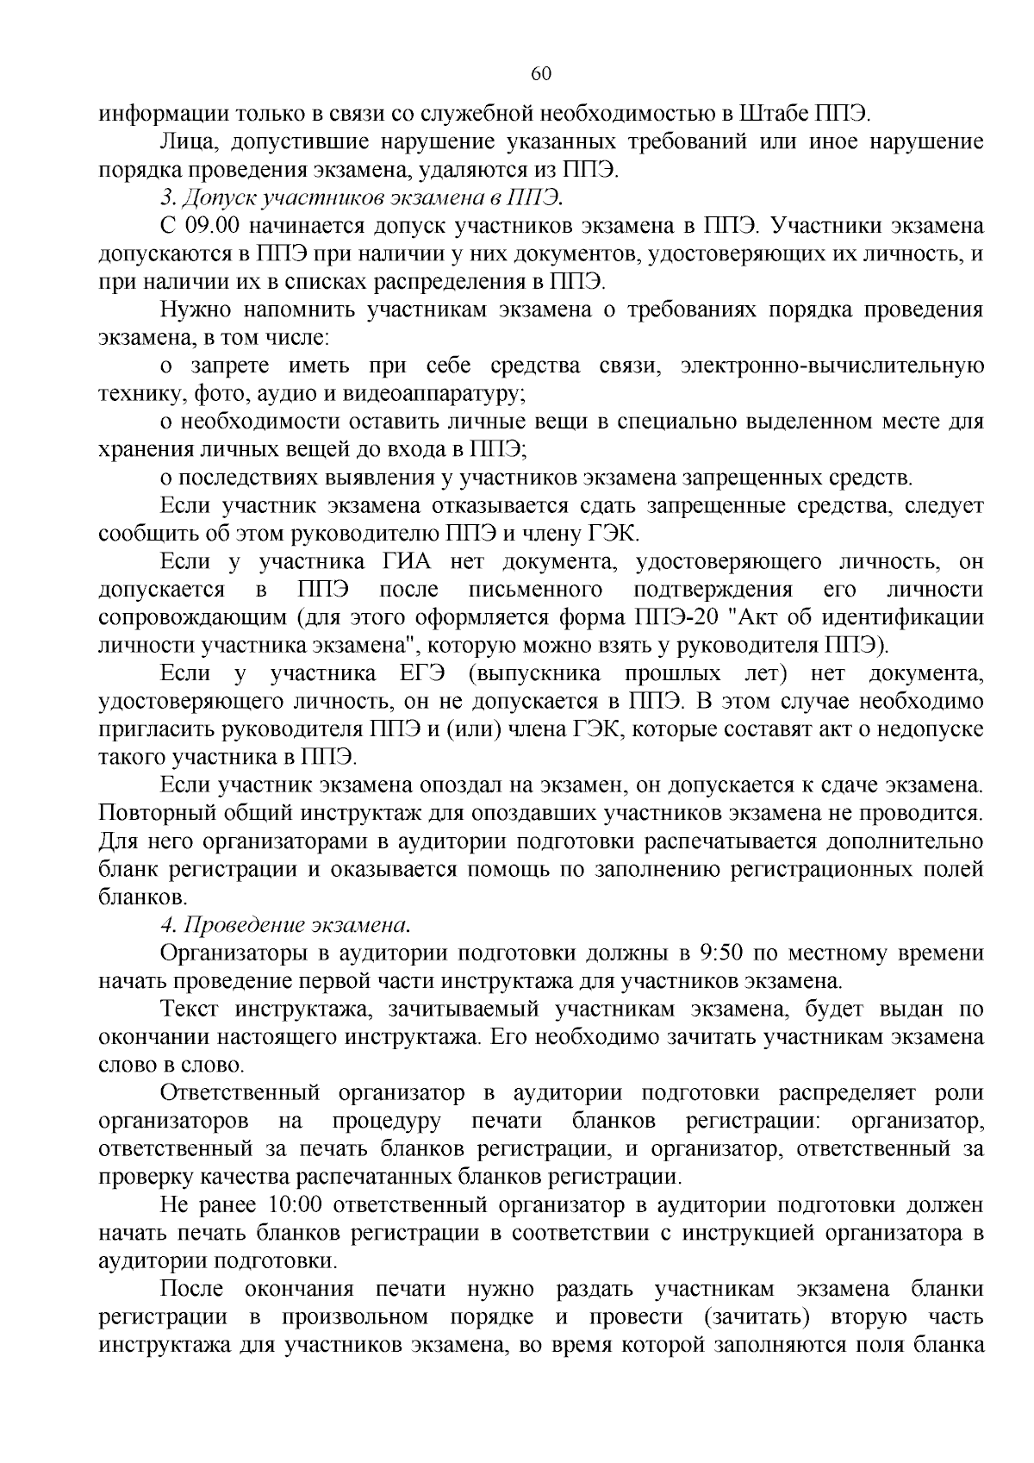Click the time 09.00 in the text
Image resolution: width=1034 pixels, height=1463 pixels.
[x=216, y=227]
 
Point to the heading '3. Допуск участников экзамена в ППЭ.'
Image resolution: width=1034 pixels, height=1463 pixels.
[x=361, y=198]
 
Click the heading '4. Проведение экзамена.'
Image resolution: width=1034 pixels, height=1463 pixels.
[x=285, y=925]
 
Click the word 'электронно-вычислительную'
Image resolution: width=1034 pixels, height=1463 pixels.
[x=832, y=366]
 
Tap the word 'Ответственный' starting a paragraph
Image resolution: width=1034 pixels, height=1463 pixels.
[x=240, y=1093]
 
